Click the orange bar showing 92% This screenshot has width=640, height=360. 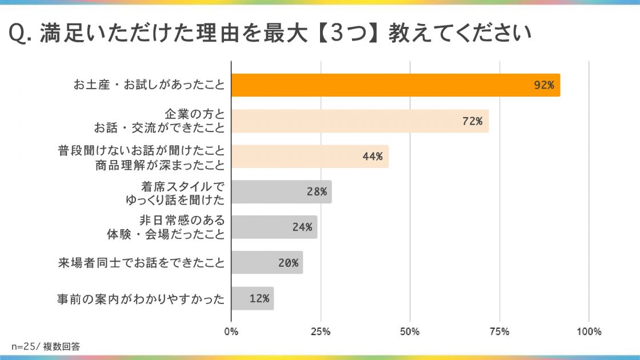[x=395, y=85]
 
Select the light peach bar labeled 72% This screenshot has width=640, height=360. [x=360, y=121]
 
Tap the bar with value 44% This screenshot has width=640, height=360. [x=310, y=156]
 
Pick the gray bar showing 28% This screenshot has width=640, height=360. [x=281, y=191]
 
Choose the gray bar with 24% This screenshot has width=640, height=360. [x=274, y=227]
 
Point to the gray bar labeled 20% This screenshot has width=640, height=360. [x=267, y=263]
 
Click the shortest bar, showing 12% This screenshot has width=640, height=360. [x=252, y=298]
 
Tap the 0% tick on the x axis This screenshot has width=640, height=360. [x=231, y=332]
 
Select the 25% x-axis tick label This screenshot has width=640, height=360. [x=321, y=332]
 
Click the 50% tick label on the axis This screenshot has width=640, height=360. [x=410, y=332]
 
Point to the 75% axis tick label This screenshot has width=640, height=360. [x=499, y=332]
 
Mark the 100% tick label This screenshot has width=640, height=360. [x=589, y=332]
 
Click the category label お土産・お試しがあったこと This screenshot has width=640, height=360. [x=149, y=85]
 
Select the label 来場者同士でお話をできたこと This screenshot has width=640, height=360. [x=141, y=263]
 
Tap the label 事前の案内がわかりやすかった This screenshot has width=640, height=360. [x=141, y=298]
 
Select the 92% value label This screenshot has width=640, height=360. [x=543, y=85]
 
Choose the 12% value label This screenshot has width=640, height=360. [x=259, y=298]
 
